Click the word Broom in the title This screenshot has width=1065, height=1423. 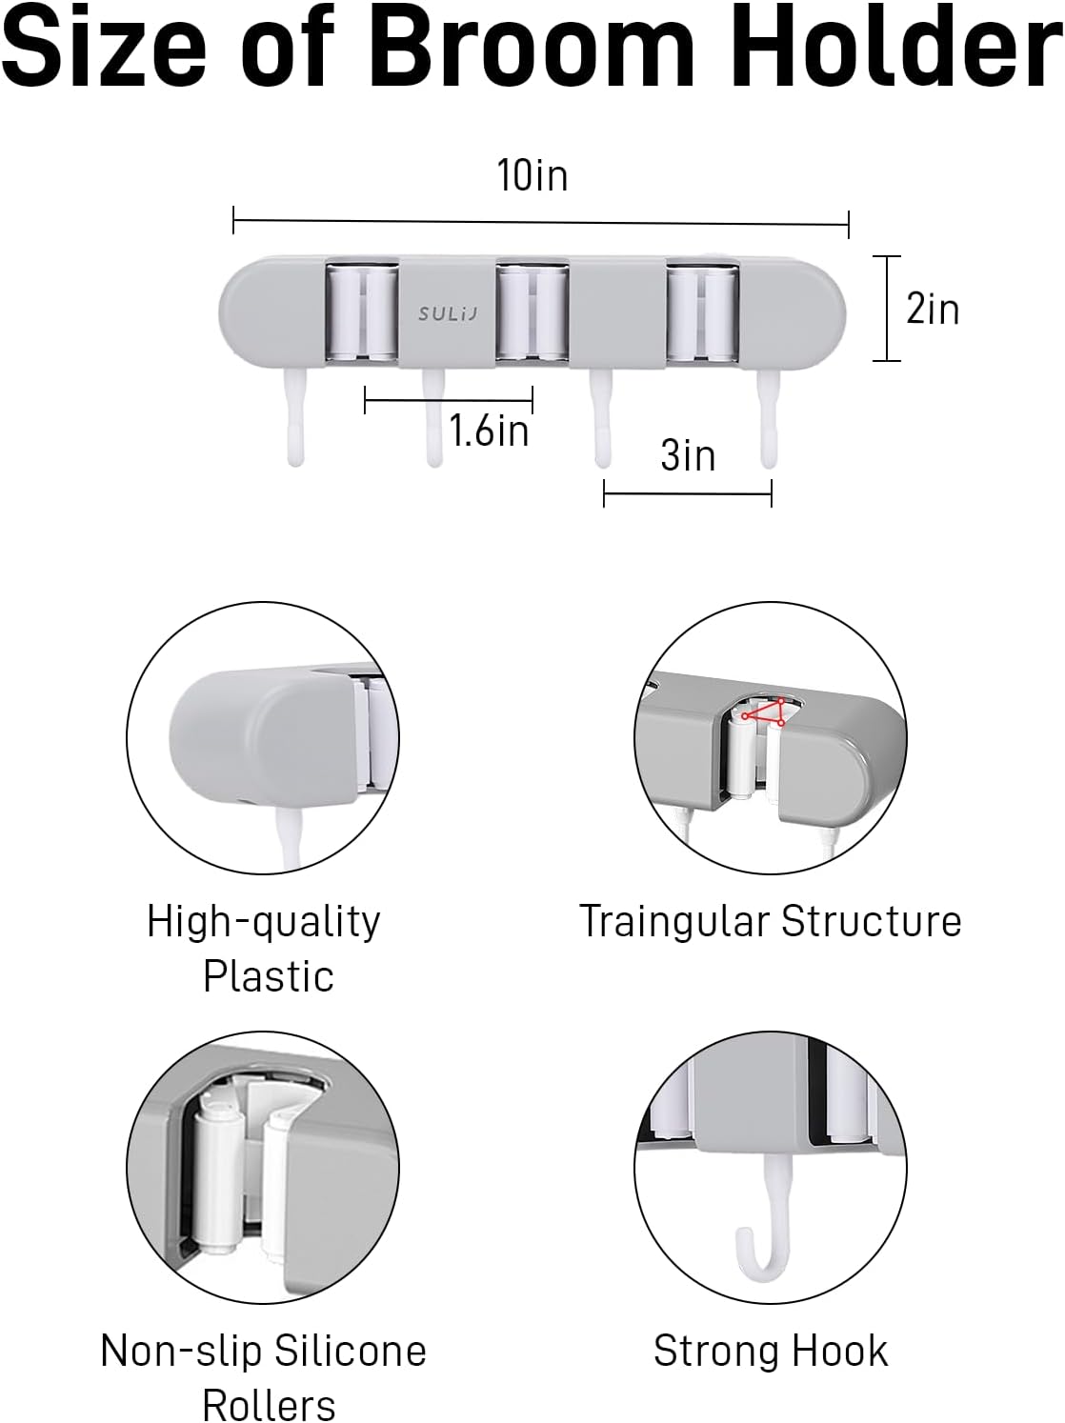pyautogui.click(x=531, y=50)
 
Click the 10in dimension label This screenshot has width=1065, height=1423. pyautogui.click(x=532, y=175)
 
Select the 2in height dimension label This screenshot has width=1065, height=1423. pyautogui.click(x=933, y=309)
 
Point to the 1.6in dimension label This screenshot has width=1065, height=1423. pyautogui.click(x=489, y=430)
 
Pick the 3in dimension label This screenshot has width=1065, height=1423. pyautogui.click(x=688, y=455)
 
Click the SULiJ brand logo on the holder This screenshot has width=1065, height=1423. pyautogui.click(x=448, y=314)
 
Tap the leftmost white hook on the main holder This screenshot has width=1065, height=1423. pyautogui.click(x=295, y=416)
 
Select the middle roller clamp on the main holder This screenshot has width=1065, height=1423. pyautogui.click(x=532, y=311)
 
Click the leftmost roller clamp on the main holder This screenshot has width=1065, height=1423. pyautogui.click(x=361, y=311)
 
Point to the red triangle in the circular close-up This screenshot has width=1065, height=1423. pyautogui.click(x=765, y=711)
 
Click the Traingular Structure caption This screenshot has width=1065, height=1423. pyautogui.click(x=770, y=921)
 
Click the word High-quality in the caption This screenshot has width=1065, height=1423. pyautogui.click(x=263, y=922)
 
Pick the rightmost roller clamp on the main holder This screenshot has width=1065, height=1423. pyautogui.click(x=703, y=311)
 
